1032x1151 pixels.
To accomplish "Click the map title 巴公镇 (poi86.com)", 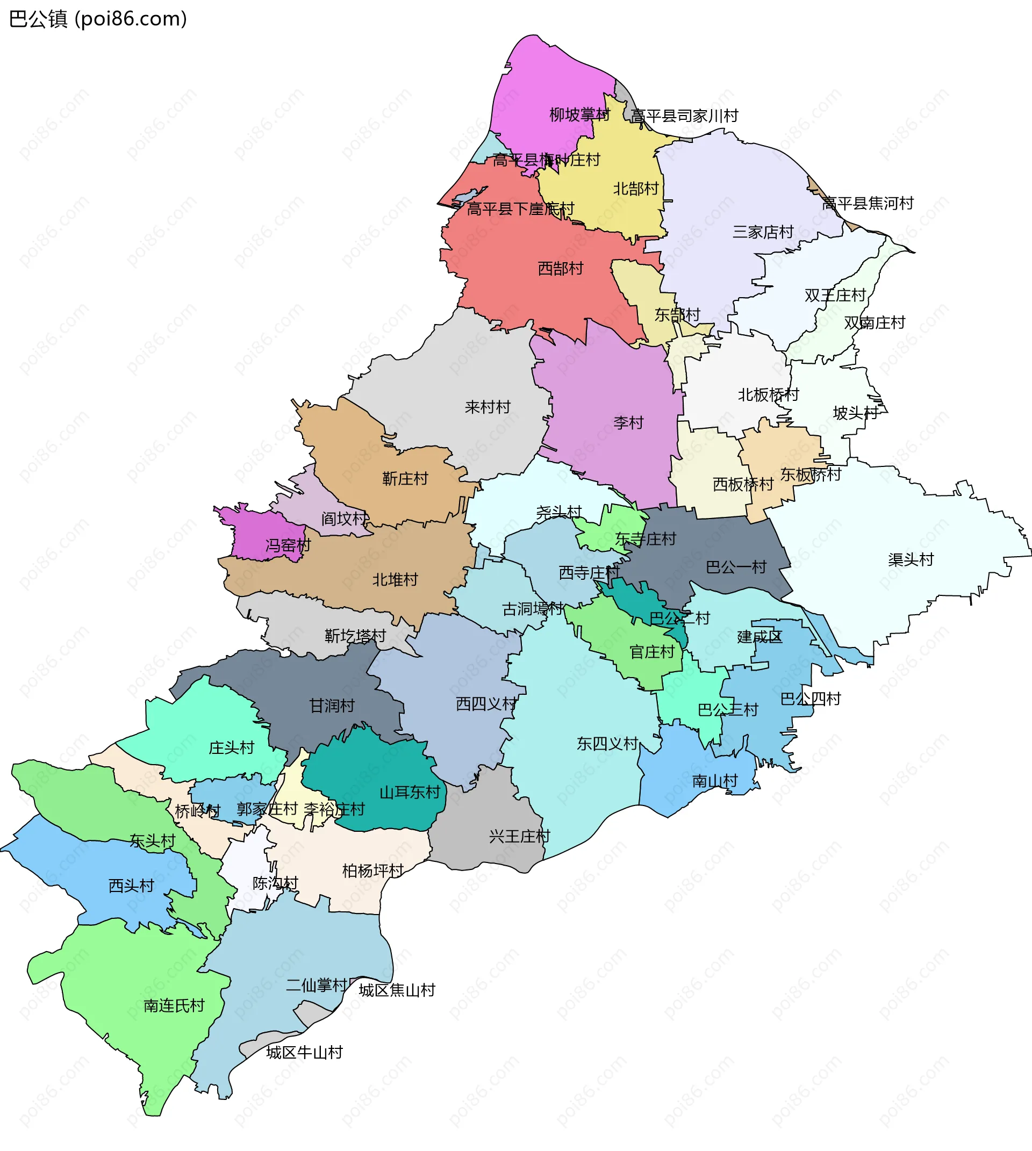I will pyautogui.click(x=97, y=19).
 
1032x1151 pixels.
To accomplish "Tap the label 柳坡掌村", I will pyautogui.click(x=579, y=115).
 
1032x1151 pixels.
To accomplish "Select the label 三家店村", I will pyautogui.click(x=763, y=232).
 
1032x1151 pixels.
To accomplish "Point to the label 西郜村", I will pyautogui.click(x=560, y=269).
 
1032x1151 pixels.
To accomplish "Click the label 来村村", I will pyautogui.click(x=487, y=407).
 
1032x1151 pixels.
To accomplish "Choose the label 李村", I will pyautogui.click(x=628, y=423).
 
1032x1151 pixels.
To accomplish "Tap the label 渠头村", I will pyautogui.click(x=911, y=559).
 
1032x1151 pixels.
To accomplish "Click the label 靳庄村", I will pyautogui.click(x=405, y=479).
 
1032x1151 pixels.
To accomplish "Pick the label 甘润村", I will pyautogui.click(x=332, y=706).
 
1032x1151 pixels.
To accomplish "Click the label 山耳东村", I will pyautogui.click(x=410, y=793).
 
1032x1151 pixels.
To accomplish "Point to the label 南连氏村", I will pyautogui.click(x=174, y=1006).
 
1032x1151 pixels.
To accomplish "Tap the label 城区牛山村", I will pyautogui.click(x=305, y=1053).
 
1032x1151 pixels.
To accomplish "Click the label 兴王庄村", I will pyautogui.click(x=519, y=836).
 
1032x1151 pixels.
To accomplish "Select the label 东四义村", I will pyautogui.click(x=607, y=744).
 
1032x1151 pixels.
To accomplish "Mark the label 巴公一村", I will pyautogui.click(x=736, y=567).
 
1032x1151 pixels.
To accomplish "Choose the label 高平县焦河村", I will pyautogui.click(x=868, y=203).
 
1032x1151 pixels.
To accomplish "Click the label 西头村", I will pyautogui.click(x=131, y=886).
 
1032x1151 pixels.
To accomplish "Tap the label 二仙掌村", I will pyautogui.click(x=316, y=985).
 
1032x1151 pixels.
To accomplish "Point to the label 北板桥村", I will pyautogui.click(x=768, y=394).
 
